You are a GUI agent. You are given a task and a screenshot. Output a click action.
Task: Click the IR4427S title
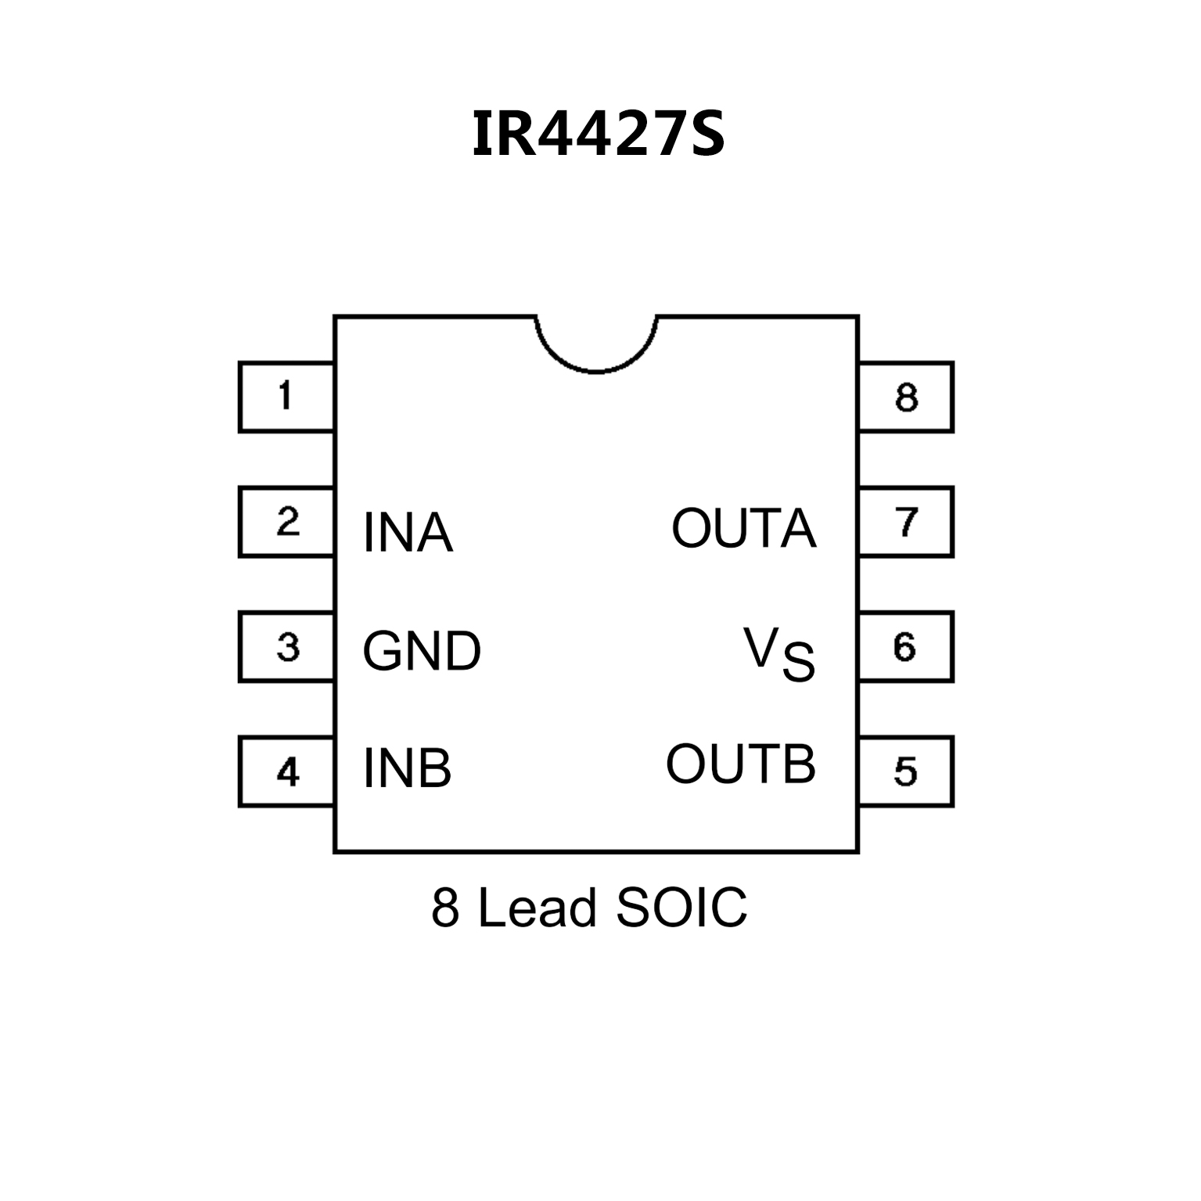599,133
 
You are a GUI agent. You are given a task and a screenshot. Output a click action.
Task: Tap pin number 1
286,396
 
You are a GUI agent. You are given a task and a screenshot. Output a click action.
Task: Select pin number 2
288,522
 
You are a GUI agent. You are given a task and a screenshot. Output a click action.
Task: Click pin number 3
288,647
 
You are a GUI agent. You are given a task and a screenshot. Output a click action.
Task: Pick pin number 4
288,772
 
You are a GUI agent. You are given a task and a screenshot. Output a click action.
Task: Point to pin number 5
905,772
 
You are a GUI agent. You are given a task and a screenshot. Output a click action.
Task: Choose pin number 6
904,647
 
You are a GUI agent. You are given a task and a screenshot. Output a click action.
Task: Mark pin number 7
906,522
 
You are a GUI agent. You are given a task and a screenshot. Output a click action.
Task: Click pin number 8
906,397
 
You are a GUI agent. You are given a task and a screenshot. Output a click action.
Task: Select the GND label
421,651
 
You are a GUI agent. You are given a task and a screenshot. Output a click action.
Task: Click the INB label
407,768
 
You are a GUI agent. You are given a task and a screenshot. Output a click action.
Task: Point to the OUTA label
743,528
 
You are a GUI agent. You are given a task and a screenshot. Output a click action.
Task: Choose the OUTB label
740,764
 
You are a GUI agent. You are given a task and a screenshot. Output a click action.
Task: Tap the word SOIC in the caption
681,908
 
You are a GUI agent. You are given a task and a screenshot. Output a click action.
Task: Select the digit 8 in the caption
444,908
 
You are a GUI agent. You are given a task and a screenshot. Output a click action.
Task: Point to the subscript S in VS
798,663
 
